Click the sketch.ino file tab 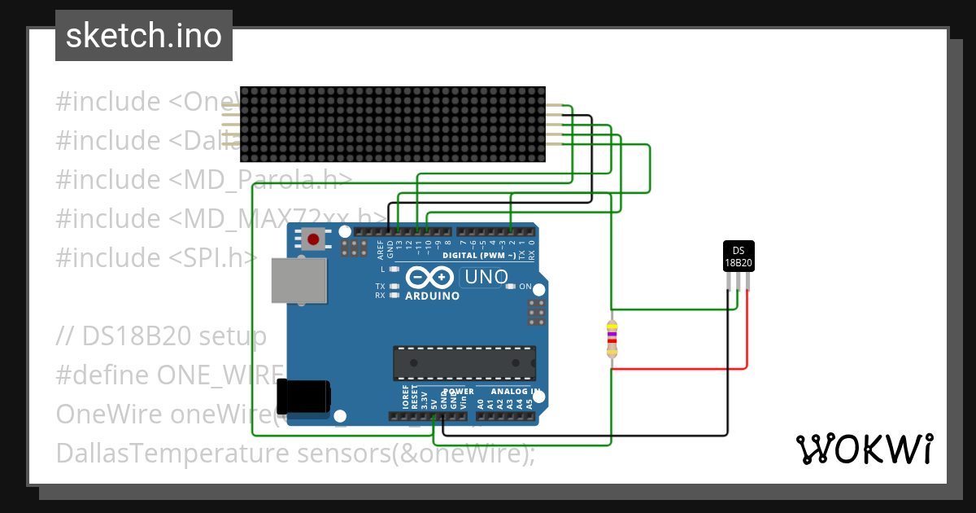pyautogui.click(x=144, y=36)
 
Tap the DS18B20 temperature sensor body pyautogui.click(x=739, y=256)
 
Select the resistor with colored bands pyautogui.click(x=612, y=339)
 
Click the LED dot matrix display pyautogui.click(x=392, y=124)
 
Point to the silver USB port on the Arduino pyautogui.click(x=298, y=282)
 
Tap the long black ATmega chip pyautogui.click(x=464, y=363)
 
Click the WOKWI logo pyautogui.click(x=864, y=449)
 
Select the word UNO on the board pyautogui.click(x=485, y=277)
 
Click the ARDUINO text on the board pyautogui.click(x=432, y=296)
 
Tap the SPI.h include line pyautogui.click(x=156, y=258)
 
